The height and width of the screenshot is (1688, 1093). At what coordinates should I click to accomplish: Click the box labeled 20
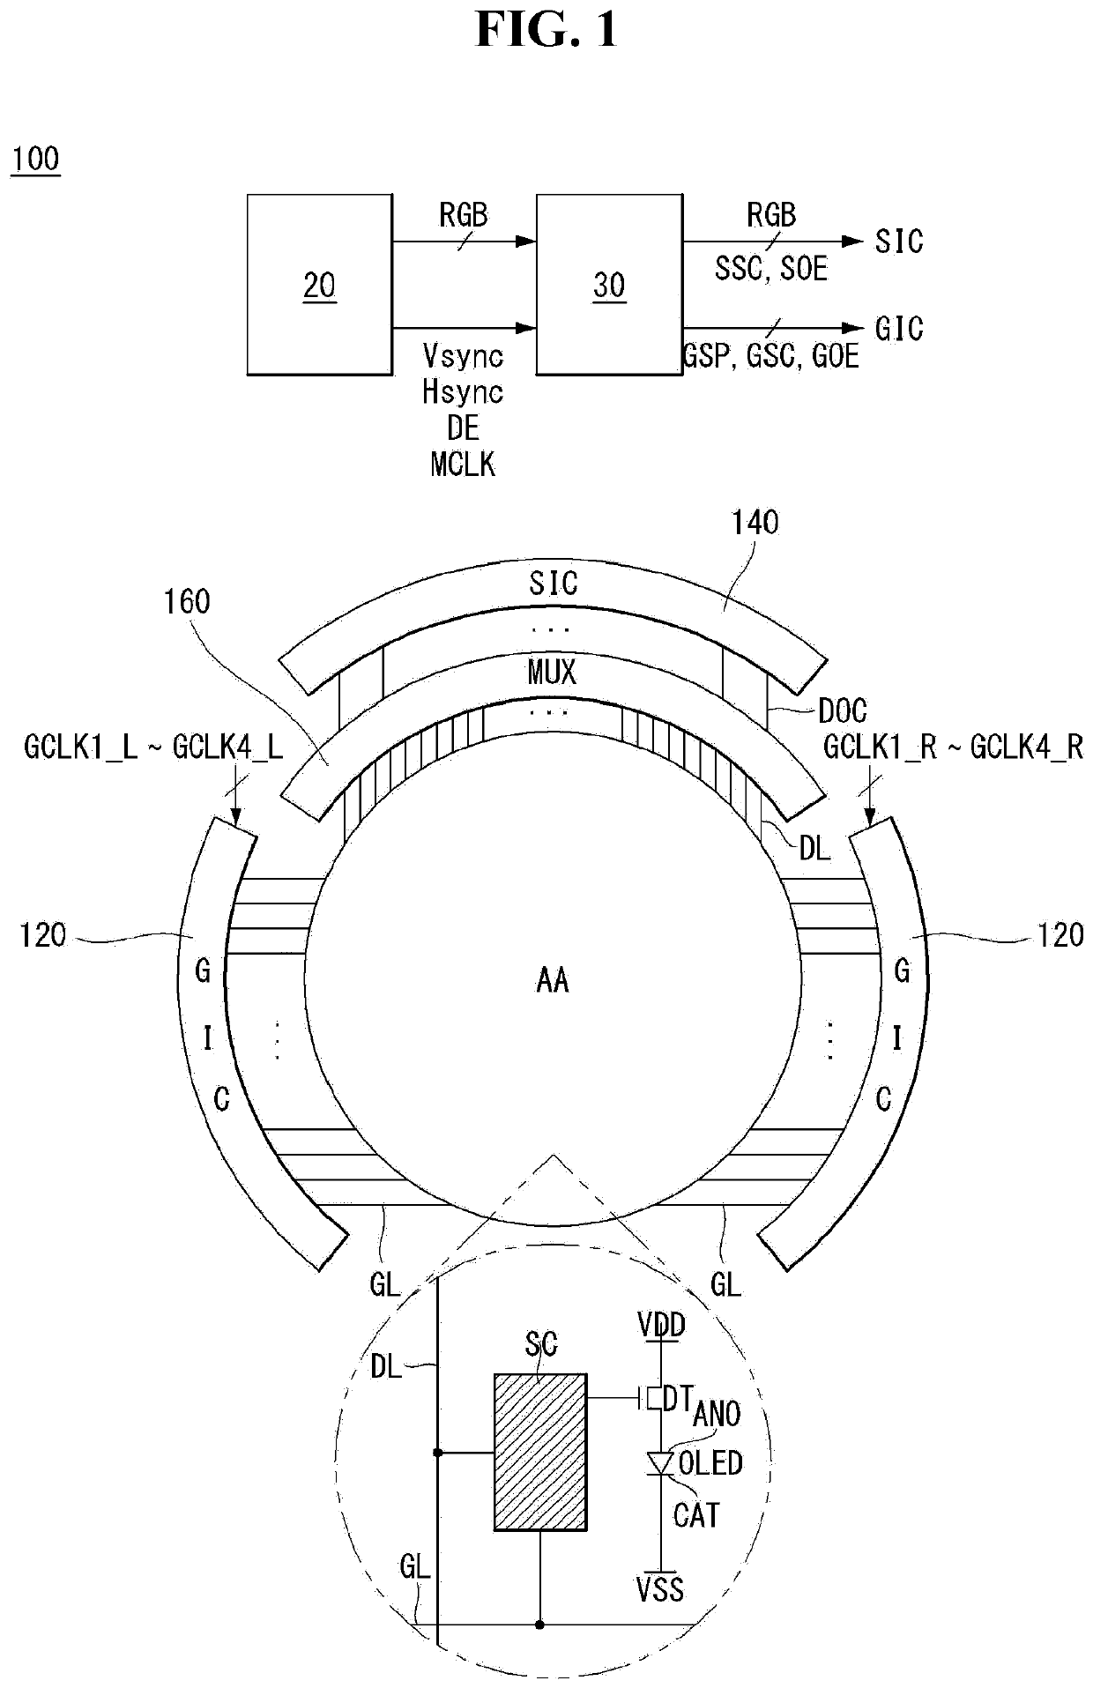coord(319,285)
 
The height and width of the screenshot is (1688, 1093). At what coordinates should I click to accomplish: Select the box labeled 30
coord(609,285)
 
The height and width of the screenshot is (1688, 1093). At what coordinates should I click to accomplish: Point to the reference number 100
coord(35,160)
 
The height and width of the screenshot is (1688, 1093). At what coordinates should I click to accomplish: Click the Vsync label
coord(463,356)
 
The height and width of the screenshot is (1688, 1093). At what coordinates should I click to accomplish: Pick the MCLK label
coord(463,464)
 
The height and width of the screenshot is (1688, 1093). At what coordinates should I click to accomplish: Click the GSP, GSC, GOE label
coord(770,356)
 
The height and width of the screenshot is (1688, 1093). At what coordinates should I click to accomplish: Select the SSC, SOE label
coord(771,269)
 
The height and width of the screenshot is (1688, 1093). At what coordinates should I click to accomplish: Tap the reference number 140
coord(755,523)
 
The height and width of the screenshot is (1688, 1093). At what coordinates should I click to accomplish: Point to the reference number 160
coord(187,602)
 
